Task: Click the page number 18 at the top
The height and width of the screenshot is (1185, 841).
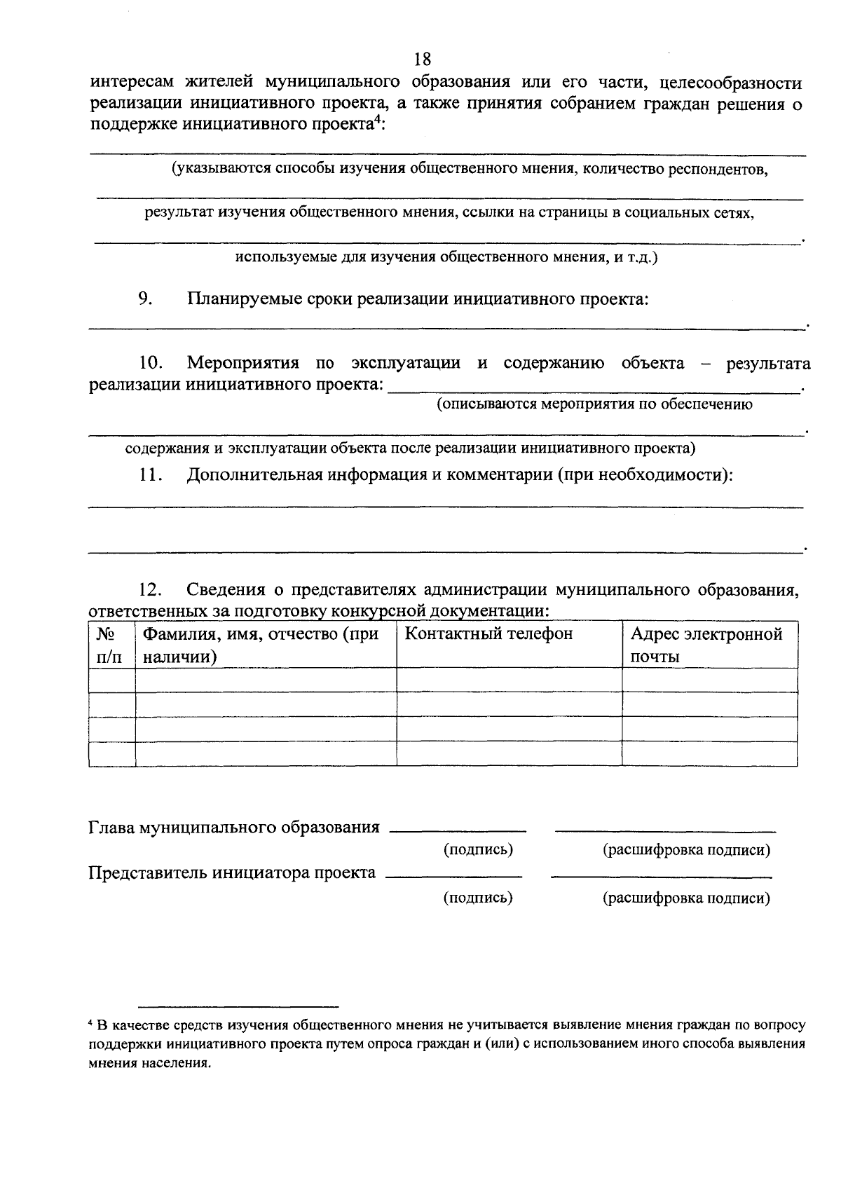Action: (422, 59)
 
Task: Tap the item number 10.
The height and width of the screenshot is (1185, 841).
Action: (151, 363)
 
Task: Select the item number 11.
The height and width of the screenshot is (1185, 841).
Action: (151, 474)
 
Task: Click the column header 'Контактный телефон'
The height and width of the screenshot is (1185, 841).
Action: (489, 634)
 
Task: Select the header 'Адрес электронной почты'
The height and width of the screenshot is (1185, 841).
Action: (706, 645)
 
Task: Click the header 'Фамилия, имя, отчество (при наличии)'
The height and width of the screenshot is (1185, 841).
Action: (261, 645)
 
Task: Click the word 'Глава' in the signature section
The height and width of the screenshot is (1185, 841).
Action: (111, 828)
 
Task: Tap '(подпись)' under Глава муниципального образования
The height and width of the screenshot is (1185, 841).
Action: (479, 850)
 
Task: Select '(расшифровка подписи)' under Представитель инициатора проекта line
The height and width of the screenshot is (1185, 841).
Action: (686, 898)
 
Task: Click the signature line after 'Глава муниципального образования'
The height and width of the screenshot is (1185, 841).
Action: (457, 831)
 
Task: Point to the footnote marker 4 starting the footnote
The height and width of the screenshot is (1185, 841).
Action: (91, 1025)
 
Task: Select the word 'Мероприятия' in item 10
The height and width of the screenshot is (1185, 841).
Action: (243, 363)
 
